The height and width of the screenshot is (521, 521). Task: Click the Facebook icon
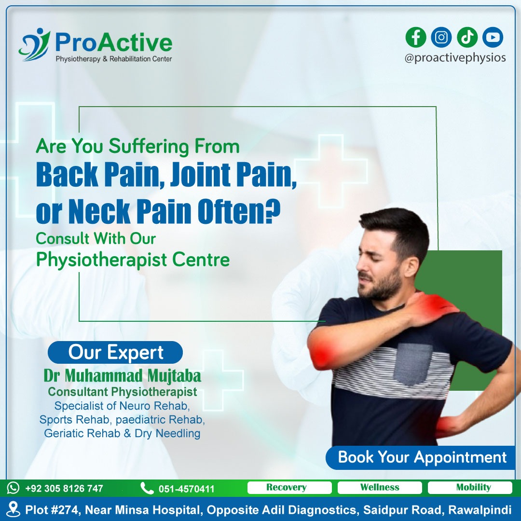click(416, 37)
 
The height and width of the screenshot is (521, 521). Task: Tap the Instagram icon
click(441, 37)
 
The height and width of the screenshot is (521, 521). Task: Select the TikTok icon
click(467, 37)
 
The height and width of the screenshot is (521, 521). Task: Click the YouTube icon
click(493, 37)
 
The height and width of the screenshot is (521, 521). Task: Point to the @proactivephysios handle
click(455, 58)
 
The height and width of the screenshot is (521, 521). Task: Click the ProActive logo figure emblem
click(34, 44)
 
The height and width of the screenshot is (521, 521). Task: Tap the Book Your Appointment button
click(421, 457)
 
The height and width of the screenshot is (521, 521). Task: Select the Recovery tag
click(289, 487)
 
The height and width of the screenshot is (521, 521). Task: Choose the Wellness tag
click(380, 487)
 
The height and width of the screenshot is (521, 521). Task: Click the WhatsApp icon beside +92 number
click(14, 488)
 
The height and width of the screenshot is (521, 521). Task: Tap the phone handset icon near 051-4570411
click(147, 488)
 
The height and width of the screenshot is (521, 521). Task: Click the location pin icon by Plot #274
click(14, 509)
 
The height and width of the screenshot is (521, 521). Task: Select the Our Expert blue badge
click(115, 352)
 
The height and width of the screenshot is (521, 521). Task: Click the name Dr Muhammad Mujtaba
click(122, 376)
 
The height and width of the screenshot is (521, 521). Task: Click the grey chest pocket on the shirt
click(413, 364)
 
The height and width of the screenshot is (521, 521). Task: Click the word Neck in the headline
click(99, 211)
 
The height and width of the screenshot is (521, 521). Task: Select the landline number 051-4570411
click(186, 489)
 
